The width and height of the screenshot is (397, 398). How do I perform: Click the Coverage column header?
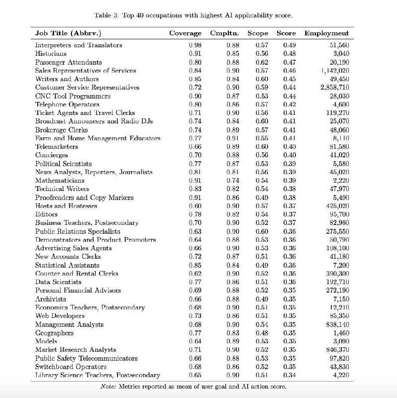(x=185, y=33)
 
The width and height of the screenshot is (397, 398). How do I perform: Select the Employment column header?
(x=326, y=33)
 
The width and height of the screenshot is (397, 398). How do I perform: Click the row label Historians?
(x=51, y=54)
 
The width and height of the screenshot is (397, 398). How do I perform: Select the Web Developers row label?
(x=60, y=316)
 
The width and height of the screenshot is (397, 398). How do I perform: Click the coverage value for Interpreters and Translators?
(x=195, y=45)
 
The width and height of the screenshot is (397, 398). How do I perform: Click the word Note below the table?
(x=108, y=387)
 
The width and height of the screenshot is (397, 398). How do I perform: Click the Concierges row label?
(x=52, y=155)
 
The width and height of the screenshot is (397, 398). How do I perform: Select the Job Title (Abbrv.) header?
(x=68, y=33)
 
